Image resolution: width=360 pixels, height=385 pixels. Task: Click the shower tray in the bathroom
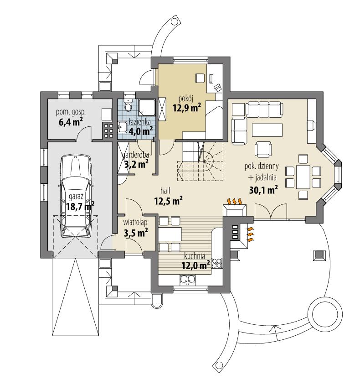tap(147, 108)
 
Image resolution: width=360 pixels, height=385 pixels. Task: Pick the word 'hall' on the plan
tap(165, 189)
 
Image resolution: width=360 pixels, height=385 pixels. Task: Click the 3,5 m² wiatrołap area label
tap(136, 233)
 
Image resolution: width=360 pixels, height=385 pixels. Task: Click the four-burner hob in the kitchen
tap(217, 262)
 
